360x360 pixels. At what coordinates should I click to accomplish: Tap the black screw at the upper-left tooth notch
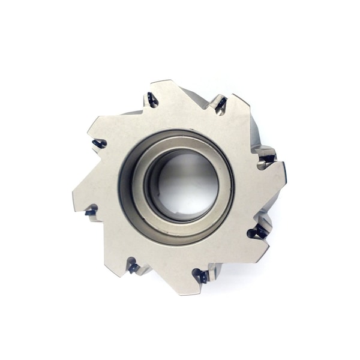tap(152, 100)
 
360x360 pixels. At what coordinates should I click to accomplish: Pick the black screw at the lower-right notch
tap(259, 232)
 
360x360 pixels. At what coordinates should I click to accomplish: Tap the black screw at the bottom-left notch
tap(133, 268)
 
